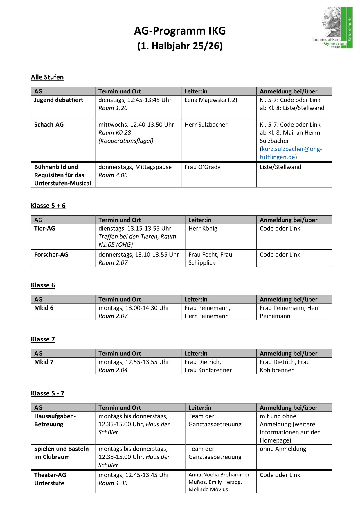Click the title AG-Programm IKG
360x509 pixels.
180,31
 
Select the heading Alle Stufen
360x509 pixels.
47,77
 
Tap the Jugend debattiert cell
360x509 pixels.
59,100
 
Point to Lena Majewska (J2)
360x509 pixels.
211,100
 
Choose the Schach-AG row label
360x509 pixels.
49,125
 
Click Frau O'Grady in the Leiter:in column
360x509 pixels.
202,167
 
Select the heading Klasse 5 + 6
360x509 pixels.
48,206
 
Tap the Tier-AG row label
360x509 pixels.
45,229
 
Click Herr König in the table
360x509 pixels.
203,229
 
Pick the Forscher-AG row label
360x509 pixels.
51,255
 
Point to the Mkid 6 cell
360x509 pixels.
44,308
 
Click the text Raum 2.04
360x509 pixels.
113,370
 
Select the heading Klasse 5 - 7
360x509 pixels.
48,393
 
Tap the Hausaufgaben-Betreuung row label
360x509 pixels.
55,420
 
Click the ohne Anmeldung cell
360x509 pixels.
283,449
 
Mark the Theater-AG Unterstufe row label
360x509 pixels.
50,479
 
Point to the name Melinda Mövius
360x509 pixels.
208,490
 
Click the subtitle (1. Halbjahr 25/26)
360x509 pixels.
180,46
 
